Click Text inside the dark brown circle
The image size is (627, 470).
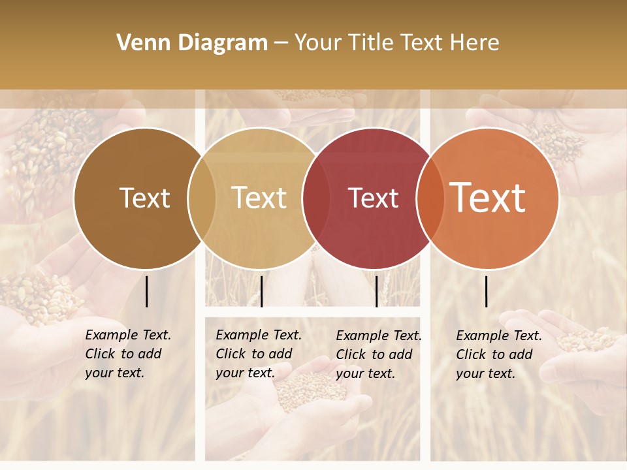(x=144, y=198)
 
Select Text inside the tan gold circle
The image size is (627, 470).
(x=259, y=198)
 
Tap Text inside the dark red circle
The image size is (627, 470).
(x=373, y=198)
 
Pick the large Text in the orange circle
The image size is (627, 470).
(x=488, y=198)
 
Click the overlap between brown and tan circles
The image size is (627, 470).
(x=202, y=198)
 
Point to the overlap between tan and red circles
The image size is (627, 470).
(x=316, y=198)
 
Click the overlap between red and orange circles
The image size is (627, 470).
(x=430, y=198)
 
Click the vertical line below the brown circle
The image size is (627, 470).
(x=147, y=291)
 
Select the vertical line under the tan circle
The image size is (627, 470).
(x=261, y=291)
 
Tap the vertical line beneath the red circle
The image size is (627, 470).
(x=376, y=291)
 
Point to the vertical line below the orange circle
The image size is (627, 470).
(x=486, y=291)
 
